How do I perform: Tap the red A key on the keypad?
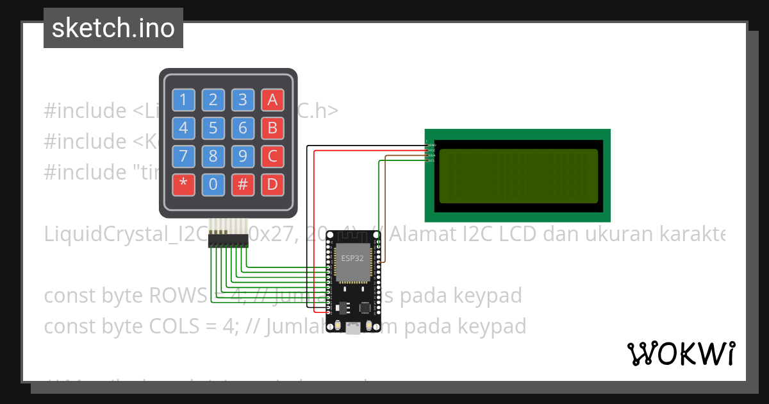pyautogui.click(x=272, y=99)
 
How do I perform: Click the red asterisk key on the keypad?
pyautogui.click(x=184, y=185)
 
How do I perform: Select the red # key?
pyautogui.click(x=243, y=185)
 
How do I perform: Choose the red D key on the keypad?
pyautogui.click(x=272, y=185)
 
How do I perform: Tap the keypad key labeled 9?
pyautogui.click(x=243, y=156)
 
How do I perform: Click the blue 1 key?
pyautogui.click(x=184, y=99)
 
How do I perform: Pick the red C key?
pyautogui.click(x=272, y=156)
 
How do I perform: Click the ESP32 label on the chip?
pyautogui.click(x=350, y=259)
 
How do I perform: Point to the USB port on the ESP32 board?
pyautogui.click(x=352, y=329)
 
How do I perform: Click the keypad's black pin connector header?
pyautogui.click(x=228, y=240)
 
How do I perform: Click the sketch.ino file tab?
pyautogui.click(x=113, y=28)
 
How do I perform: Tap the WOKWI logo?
pyautogui.click(x=681, y=353)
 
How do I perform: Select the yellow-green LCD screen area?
pyautogui.click(x=518, y=176)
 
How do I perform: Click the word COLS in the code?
pyautogui.click(x=176, y=326)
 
